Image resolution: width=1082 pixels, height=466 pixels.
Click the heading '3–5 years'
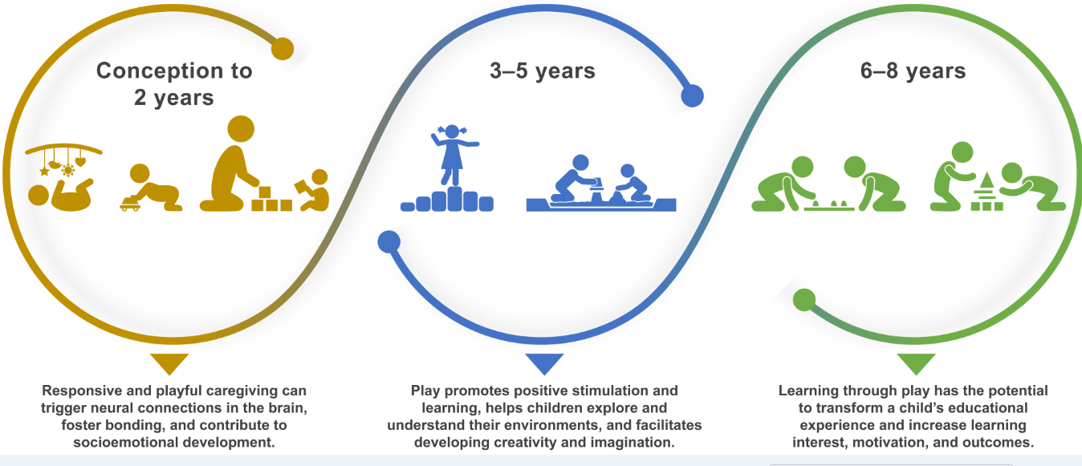[x=542, y=71]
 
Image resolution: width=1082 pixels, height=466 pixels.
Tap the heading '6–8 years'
[x=913, y=71]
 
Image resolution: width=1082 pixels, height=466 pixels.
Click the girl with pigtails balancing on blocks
[x=453, y=155]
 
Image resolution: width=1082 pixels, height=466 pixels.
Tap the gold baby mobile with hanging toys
[x=63, y=160]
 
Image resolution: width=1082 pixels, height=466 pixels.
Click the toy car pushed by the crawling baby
[x=130, y=205]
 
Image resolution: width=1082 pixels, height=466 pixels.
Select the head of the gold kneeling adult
[x=241, y=129]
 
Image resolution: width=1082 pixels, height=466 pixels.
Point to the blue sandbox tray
[x=601, y=205]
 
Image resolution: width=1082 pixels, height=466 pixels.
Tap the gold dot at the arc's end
[x=283, y=49]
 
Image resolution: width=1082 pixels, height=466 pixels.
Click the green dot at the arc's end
[x=804, y=300]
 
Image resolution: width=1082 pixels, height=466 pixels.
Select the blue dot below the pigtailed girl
[x=388, y=242]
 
